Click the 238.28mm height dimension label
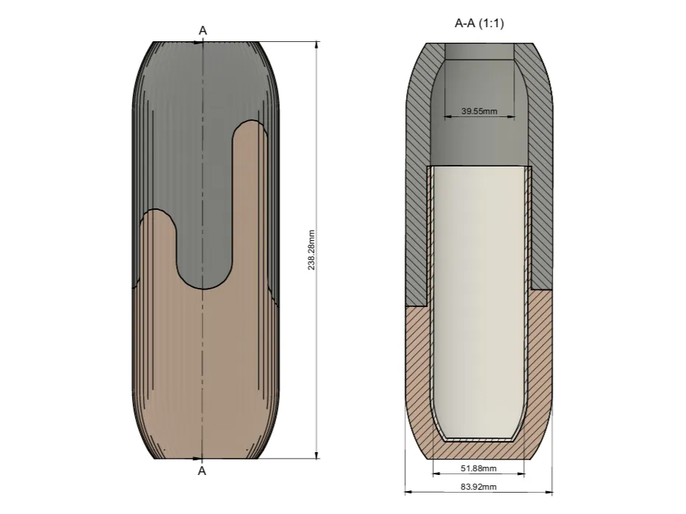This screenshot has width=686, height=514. pos(311,250)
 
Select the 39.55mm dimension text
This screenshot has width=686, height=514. pos(479,111)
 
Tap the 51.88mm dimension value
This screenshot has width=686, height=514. pos(478,468)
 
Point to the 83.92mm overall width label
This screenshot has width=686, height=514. pos(478,487)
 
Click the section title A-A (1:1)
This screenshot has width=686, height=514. pos(479,23)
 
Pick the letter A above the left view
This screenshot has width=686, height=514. pos(203,31)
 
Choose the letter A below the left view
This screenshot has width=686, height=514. pos(202,471)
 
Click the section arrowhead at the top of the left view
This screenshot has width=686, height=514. pos(198,43)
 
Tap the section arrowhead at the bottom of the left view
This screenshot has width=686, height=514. pos(197,459)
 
